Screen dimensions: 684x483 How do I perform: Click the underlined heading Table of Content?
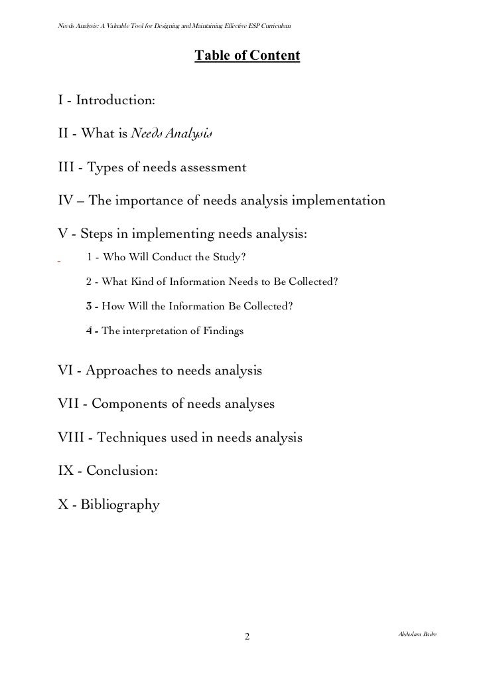pos(247,57)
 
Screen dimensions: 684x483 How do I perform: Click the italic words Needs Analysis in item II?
pos(171,134)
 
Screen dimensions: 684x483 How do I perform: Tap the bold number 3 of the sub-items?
pos(90,306)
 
